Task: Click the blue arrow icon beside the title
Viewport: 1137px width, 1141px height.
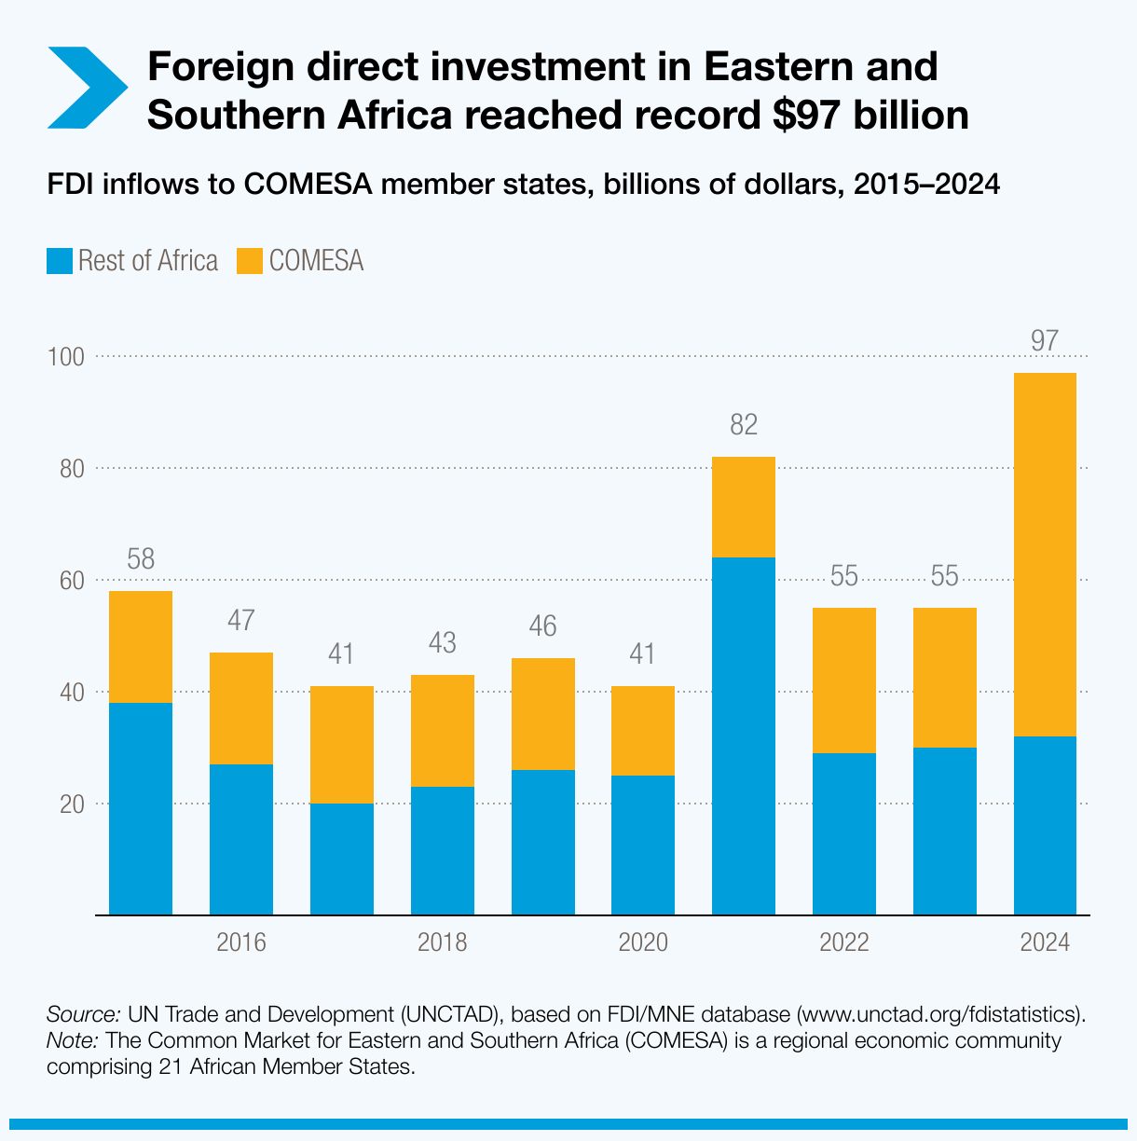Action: (87, 87)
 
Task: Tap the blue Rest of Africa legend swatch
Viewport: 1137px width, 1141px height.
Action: (59, 261)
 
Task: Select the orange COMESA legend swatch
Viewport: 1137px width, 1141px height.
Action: (250, 261)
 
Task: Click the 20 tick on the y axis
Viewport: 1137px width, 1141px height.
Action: (72, 804)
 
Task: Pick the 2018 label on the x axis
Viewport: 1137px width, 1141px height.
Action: (442, 942)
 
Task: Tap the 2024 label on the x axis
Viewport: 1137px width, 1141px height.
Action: (1045, 942)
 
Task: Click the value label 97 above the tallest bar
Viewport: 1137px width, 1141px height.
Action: (1045, 341)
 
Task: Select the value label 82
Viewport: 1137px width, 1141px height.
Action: (743, 426)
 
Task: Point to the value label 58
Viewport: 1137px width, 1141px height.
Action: (141, 559)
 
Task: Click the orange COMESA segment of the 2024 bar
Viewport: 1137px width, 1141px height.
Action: (1045, 555)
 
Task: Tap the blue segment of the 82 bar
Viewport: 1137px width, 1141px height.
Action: (743, 735)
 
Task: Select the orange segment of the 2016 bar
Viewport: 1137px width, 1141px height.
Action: (241, 708)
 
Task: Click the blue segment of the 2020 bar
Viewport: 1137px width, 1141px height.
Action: (643, 845)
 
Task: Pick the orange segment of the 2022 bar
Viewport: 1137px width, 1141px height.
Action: (844, 680)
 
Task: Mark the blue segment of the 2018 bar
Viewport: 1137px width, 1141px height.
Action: (442, 850)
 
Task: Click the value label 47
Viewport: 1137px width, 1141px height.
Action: (241, 621)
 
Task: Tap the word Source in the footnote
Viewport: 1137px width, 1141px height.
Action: (82, 1014)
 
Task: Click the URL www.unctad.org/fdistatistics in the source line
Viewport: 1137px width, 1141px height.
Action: (938, 1014)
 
